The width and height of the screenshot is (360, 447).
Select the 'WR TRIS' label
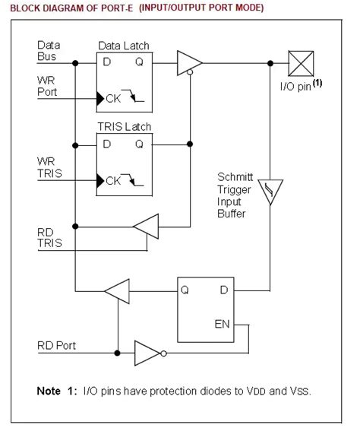49,166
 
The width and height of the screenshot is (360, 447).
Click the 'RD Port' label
57,345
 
